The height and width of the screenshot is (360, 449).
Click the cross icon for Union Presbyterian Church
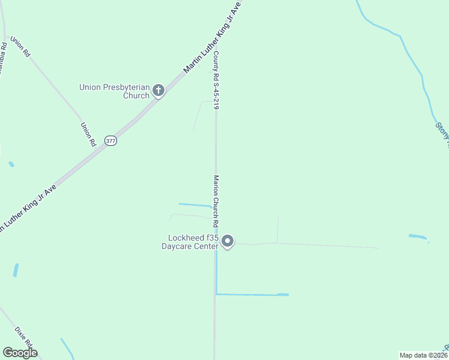[158, 91]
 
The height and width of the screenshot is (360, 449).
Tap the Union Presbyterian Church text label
[114, 91]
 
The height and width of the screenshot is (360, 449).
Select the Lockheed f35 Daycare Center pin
[228, 241]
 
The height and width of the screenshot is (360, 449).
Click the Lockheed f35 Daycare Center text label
[190, 241]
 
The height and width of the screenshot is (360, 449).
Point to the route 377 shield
[110, 141]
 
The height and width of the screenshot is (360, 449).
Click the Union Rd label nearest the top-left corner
[20, 47]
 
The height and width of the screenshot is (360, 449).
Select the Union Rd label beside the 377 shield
[88, 134]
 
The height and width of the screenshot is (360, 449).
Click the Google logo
[20, 353]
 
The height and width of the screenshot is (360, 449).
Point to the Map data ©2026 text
[423, 355]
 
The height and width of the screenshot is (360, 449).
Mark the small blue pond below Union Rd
[11, 164]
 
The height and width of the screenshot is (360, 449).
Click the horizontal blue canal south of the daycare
[252, 295]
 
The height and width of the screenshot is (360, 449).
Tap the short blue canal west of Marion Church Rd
[195, 205]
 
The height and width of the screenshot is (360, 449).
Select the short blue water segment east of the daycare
[418, 236]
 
